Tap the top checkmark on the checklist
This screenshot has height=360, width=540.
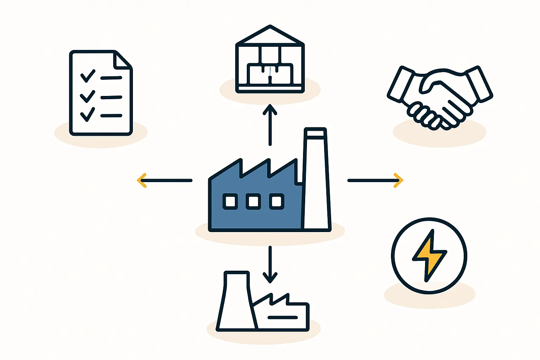[88, 76]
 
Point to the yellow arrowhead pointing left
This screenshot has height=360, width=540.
[141, 180]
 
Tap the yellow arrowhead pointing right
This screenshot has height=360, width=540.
[398, 180]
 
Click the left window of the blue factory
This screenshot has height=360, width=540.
[230, 202]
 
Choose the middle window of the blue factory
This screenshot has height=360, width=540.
[253, 202]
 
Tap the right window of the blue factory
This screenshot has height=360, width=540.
[277, 202]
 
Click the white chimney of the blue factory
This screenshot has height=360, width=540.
[316, 183]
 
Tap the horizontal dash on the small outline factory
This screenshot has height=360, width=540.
[283, 317]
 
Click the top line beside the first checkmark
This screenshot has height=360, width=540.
[111, 78]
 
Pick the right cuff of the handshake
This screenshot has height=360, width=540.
[479, 83]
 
